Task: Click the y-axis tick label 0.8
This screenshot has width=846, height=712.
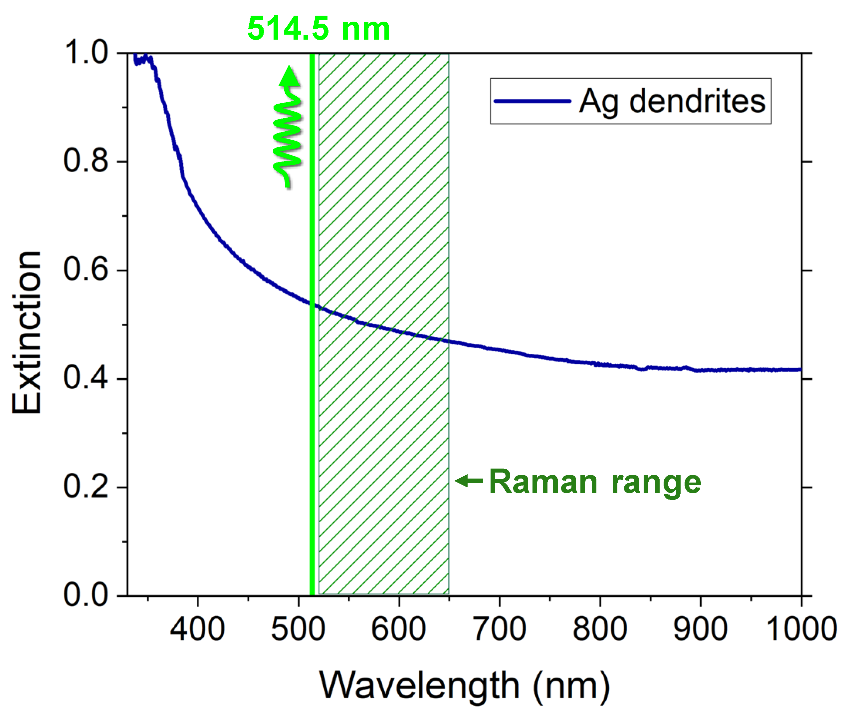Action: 86,161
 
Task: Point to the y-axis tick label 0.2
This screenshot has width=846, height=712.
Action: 86,486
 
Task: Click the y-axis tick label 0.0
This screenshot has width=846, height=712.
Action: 86,594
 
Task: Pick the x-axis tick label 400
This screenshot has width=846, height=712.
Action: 197,629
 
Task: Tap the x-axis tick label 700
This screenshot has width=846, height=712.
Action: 500,629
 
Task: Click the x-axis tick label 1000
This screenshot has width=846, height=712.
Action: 801,629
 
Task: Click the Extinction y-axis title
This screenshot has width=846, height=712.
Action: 27,333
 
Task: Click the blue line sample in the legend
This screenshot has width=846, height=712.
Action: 532,101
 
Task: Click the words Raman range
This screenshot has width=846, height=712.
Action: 595,482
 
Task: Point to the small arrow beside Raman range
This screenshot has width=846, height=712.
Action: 468,480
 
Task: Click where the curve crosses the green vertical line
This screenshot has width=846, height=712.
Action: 312,304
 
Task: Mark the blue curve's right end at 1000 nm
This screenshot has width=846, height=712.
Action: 800,370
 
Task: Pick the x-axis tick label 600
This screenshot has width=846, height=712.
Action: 399,629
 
